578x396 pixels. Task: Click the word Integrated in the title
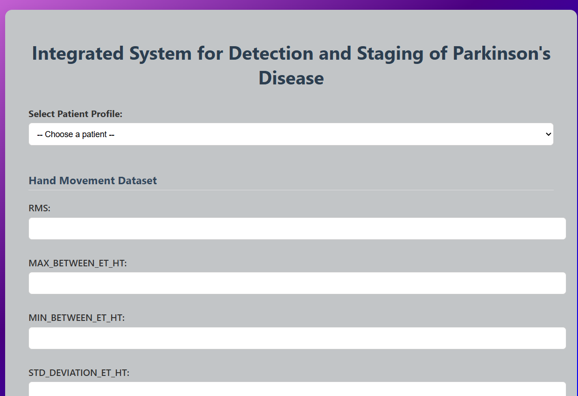[78, 54]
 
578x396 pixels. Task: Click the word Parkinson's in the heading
[501, 53]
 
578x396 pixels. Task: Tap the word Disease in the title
[291, 78]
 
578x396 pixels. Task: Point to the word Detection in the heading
[271, 53]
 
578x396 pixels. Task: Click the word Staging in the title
[390, 54]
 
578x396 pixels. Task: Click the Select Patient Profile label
[75, 114]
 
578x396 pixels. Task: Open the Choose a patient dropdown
[291, 134]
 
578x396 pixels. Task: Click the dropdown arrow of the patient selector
[548, 134]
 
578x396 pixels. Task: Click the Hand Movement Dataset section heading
[92, 181]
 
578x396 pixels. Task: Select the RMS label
[39, 208]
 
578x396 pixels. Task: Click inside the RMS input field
[297, 229]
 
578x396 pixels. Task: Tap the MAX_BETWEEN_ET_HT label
[78, 263]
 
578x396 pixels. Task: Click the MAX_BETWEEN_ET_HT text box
[297, 283]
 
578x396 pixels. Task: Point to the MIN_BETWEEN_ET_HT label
[77, 318]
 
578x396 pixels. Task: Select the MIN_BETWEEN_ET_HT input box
[297, 338]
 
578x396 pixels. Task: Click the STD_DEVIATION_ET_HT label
[79, 373]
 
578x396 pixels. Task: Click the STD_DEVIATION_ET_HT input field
[297, 389]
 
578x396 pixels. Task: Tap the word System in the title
[160, 54]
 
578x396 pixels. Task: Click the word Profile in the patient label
[106, 114]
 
